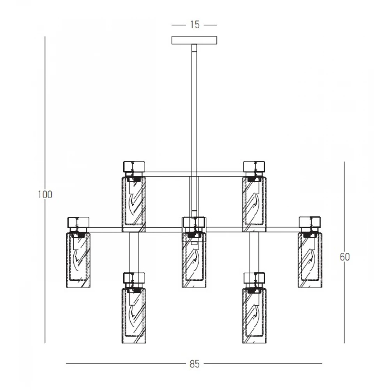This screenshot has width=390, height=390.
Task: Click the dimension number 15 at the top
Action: [195, 25]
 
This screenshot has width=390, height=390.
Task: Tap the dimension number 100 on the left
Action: [45, 195]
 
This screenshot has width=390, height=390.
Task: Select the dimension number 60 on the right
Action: [345, 257]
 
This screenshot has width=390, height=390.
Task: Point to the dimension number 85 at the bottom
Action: [195, 364]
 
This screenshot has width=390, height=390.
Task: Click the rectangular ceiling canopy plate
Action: [194, 40]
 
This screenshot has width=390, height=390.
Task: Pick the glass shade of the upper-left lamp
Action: [134, 204]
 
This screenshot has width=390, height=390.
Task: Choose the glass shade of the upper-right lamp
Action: [254, 204]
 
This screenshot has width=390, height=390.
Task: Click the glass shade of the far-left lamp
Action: [78, 260]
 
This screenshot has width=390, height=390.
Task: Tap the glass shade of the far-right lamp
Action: [310, 260]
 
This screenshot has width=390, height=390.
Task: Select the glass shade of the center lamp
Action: [194, 260]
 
